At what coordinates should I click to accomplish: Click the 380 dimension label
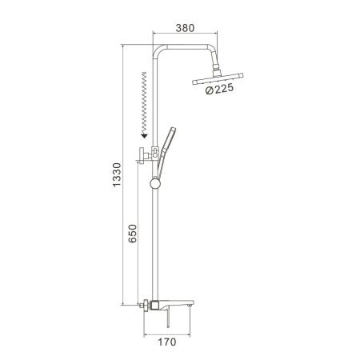click(185, 28)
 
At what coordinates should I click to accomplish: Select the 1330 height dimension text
click(117, 174)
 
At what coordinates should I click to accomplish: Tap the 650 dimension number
click(132, 234)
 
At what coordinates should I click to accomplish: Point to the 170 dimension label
click(167, 342)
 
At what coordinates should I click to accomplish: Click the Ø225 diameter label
click(219, 89)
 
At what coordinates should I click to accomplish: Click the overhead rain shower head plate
click(218, 79)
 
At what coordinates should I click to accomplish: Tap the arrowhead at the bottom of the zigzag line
click(144, 136)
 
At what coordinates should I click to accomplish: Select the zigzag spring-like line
click(144, 102)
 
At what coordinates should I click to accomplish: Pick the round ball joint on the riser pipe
click(155, 183)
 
